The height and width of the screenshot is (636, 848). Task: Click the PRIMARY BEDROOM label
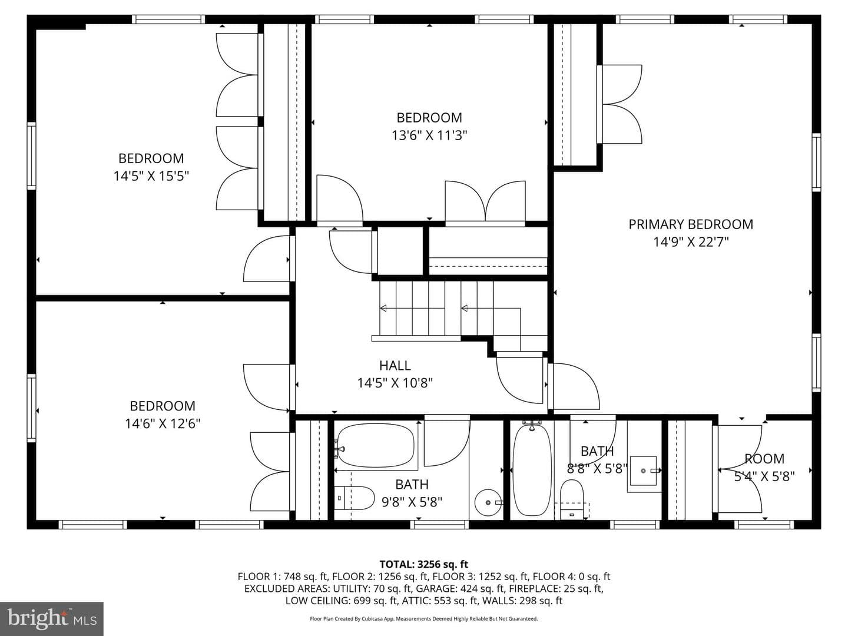691,224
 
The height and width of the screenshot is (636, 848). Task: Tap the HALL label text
395,365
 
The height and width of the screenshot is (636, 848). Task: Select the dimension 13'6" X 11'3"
429,135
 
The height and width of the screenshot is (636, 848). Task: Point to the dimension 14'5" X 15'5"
151,176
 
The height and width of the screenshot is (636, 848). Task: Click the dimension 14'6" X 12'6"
163,423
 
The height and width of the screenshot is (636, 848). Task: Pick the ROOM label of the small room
764,459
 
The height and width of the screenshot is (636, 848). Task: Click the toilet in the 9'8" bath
355,498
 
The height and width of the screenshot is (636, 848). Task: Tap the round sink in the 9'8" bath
488,502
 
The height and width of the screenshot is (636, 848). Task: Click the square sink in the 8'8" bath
643,471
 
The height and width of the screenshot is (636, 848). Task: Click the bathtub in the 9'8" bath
376,446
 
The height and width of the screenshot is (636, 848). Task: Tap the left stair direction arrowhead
383,308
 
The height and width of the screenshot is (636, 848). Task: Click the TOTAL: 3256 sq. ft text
424,564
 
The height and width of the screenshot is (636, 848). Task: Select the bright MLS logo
52,618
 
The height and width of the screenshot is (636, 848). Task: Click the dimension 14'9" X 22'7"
691,242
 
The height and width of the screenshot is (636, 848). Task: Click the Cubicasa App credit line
424,618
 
